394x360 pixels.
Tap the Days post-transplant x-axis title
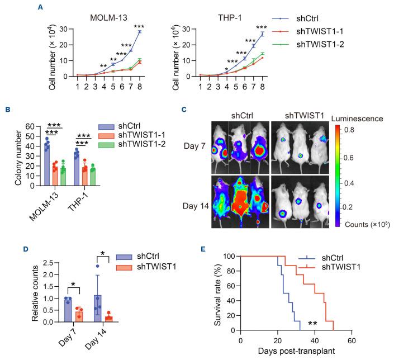click(x=296, y=352)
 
